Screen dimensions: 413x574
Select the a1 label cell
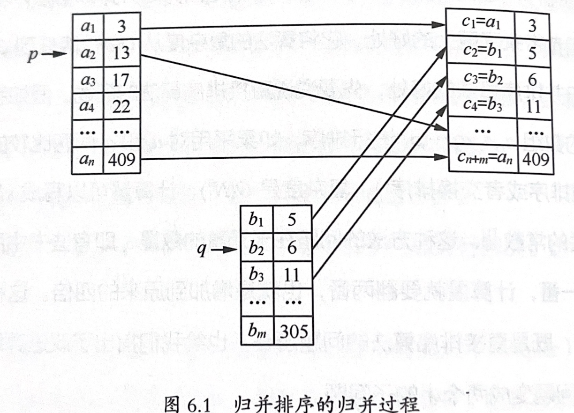pos(88,27)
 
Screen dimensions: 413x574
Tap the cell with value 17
pos(121,80)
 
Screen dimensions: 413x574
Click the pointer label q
pos(201,251)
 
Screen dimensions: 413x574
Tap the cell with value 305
pos(294,332)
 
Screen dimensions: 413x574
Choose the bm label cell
pos(257,332)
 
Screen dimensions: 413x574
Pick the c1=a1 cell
pos(481,24)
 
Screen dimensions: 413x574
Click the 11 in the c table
pos(534,107)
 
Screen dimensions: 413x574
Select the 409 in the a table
pos(121,160)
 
